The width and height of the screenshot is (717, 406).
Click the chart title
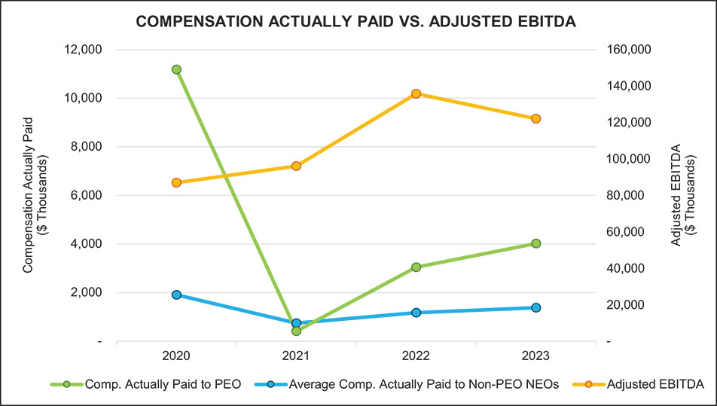coord(356,23)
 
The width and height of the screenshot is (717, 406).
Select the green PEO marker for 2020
coord(176,69)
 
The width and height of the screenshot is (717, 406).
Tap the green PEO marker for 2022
coord(416,267)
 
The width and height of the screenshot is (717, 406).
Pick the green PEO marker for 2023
coord(536,243)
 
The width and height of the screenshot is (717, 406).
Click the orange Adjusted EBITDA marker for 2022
coord(416,93)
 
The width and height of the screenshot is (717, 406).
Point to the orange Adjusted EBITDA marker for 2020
coord(176,182)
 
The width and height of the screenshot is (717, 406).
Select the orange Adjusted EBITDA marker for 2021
coord(296,166)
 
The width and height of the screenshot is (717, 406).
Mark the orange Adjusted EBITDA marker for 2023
coord(536,118)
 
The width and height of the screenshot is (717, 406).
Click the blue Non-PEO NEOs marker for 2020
coord(176,295)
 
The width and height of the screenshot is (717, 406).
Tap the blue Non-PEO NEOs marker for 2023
coord(536,307)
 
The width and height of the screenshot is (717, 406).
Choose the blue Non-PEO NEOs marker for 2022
coord(416,313)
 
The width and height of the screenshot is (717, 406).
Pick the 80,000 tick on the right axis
coord(632,195)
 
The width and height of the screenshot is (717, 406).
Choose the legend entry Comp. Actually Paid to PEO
coord(163,385)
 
